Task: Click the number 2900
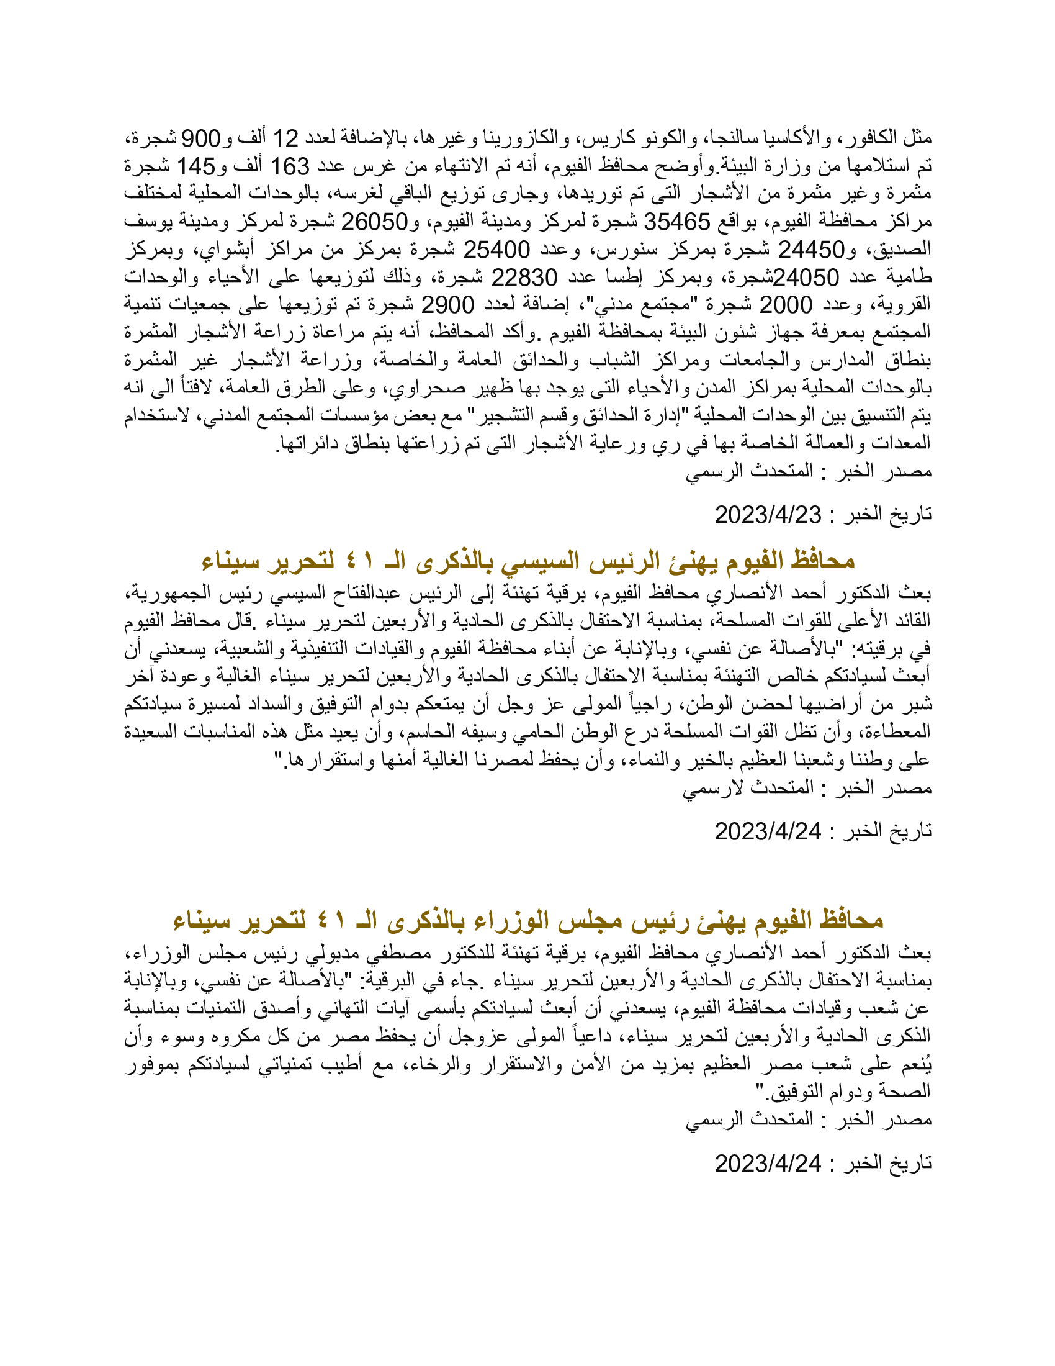pos(447,305)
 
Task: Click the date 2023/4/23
pos(768,515)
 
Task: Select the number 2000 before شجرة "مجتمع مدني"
pos(785,305)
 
